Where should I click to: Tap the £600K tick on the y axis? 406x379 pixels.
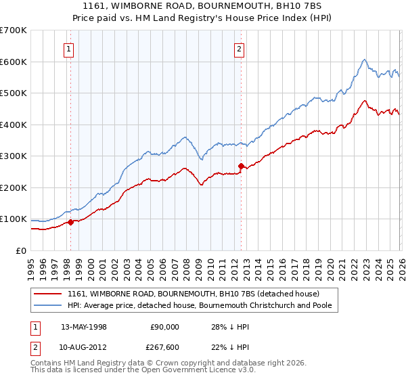pos(14,62)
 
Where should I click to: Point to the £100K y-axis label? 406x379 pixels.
pos(14,219)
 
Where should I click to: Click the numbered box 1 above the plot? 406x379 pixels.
pos(70,48)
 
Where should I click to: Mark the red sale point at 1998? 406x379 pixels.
pos(70,222)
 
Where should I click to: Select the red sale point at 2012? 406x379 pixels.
pos(241,166)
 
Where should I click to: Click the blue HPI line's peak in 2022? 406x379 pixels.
pos(364,60)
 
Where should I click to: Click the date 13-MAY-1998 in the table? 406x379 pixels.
pos(85,326)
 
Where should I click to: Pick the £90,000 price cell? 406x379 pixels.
pos(164,326)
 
